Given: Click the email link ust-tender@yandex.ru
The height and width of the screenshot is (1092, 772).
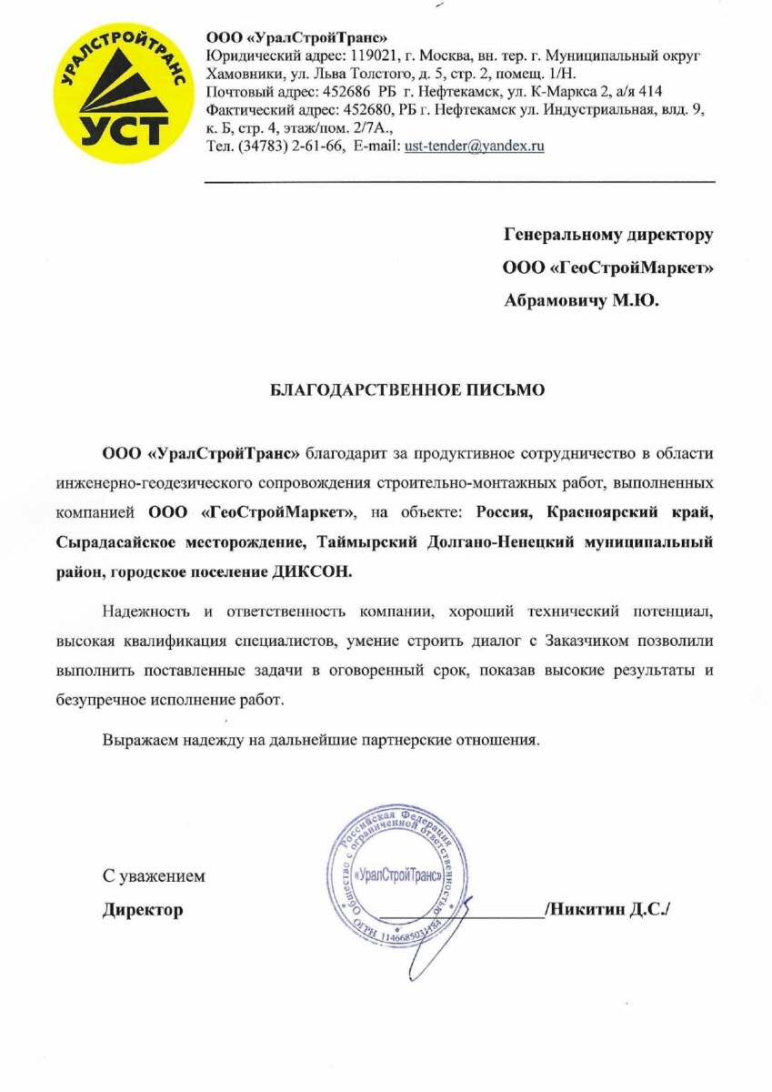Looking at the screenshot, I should coord(474,146).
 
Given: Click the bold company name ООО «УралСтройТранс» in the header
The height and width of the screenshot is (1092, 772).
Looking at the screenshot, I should coord(297,37).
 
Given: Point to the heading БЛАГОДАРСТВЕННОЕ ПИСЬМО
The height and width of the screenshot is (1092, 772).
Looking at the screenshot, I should coord(408,390).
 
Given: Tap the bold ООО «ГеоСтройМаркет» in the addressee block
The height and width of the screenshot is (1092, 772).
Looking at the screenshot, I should coord(607,268).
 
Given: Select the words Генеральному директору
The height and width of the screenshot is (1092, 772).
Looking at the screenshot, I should coord(608,235).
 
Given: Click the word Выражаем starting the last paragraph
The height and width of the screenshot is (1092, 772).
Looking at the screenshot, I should coord(135,740).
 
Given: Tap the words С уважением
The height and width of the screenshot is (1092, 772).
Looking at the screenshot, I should coord(154,876).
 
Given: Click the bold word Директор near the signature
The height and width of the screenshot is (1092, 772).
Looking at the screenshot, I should coord(142,909).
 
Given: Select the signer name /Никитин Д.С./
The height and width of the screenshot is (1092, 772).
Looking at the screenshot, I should coord(607,909).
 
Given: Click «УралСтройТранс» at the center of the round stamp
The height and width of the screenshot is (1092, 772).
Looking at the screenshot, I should coord(397,875).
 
